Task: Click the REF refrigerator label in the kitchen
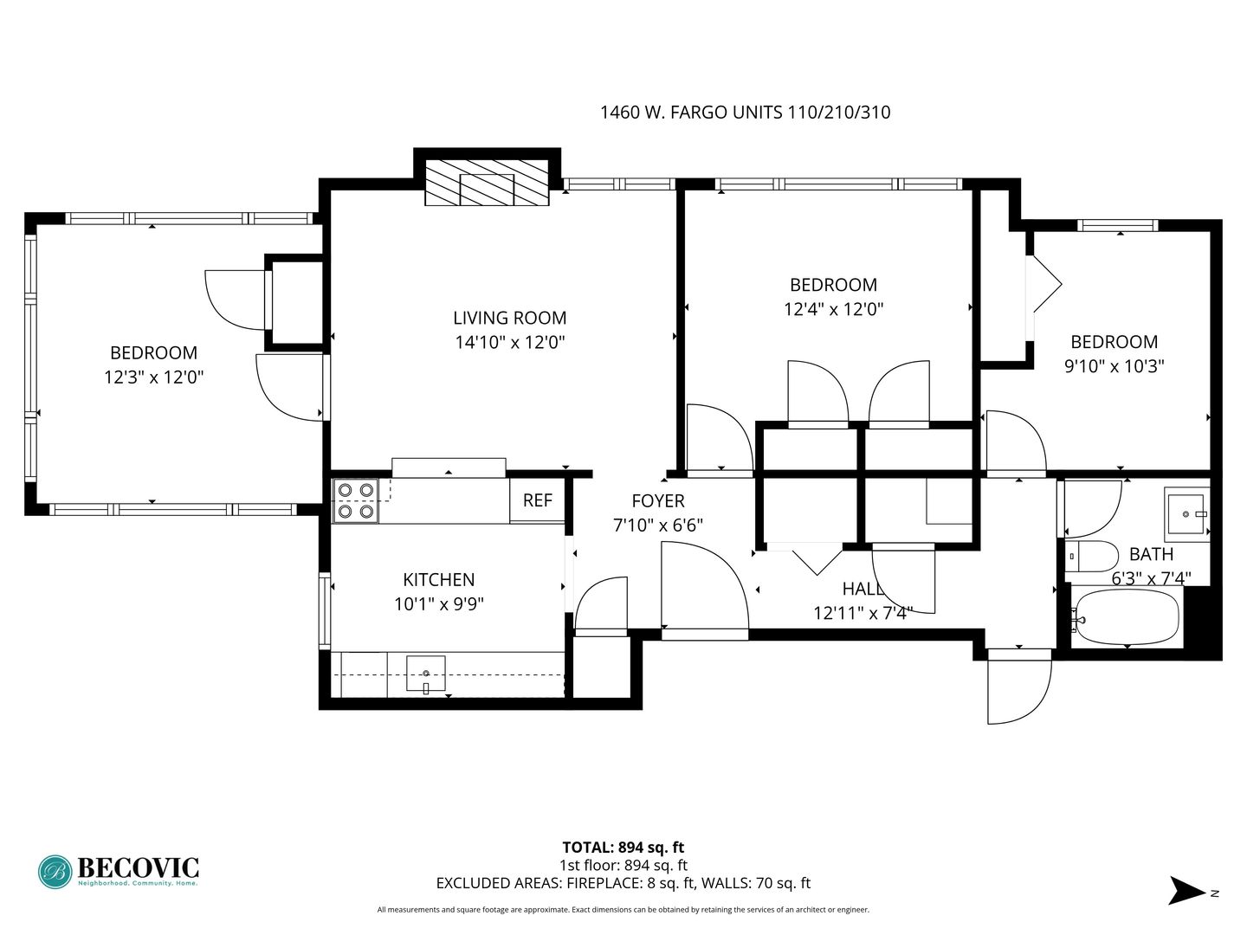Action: point(537,500)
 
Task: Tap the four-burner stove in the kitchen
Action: point(356,500)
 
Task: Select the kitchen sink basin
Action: point(425,674)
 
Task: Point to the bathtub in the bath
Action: point(1125,617)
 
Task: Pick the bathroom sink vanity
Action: point(1186,514)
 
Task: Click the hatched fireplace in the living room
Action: point(487,182)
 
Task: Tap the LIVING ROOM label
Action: point(509,318)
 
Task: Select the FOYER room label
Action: point(658,500)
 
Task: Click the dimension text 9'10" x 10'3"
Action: point(1114,366)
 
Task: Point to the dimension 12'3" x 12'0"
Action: point(153,377)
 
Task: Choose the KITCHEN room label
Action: point(438,580)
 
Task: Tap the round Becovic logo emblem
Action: point(55,872)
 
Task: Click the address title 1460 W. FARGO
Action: point(691,113)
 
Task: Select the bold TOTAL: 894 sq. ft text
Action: point(623,847)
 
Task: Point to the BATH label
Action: point(1151,553)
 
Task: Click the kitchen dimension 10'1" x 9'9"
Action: point(438,604)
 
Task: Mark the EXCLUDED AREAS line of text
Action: point(623,883)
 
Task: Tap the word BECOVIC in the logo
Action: point(138,868)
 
